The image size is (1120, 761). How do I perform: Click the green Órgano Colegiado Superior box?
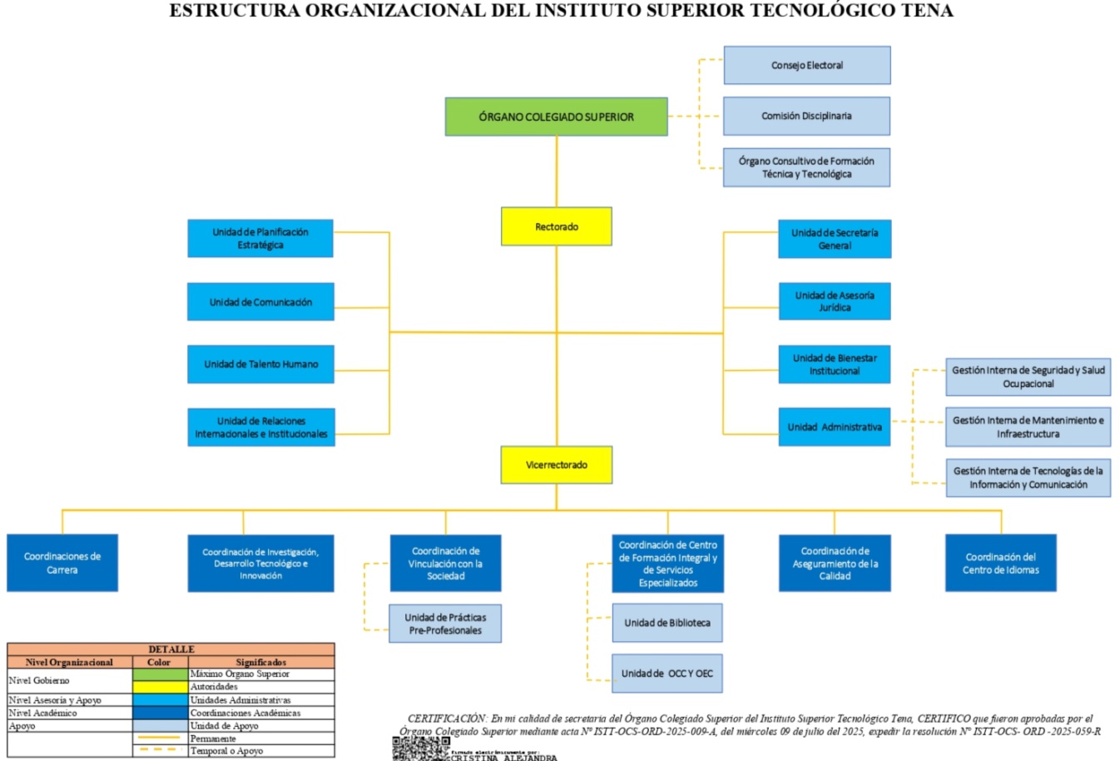pos(556,117)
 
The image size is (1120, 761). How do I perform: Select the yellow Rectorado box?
pos(556,226)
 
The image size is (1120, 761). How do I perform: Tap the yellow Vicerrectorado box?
pos(556,465)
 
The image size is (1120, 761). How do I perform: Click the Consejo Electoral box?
pos(806,65)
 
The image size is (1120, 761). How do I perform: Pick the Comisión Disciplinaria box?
pos(806,116)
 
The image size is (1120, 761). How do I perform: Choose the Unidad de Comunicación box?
pos(260,301)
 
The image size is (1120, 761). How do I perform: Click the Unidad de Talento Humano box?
pos(260,364)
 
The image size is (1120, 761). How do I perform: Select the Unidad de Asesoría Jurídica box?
pos(834,301)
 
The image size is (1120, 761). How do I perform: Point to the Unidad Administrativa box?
pos(834,427)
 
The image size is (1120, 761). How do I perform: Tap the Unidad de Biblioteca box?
pos(667,623)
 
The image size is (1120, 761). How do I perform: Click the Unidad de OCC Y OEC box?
pos(667,674)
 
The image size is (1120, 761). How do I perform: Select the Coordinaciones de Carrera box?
pos(62,563)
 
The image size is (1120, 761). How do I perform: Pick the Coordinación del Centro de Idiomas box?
pos(1000,563)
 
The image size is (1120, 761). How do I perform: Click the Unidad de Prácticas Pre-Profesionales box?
pos(445,624)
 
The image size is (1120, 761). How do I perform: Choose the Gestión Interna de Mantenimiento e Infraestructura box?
pos(1028,427)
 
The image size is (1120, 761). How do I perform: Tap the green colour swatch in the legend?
pos(160,674)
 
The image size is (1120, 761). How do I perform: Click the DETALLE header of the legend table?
pos(171,649)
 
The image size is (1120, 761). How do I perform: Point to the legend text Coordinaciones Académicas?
pos(245,713)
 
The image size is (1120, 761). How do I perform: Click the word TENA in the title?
pos(926,11)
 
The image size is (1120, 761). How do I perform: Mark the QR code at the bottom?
pos(420,748)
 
